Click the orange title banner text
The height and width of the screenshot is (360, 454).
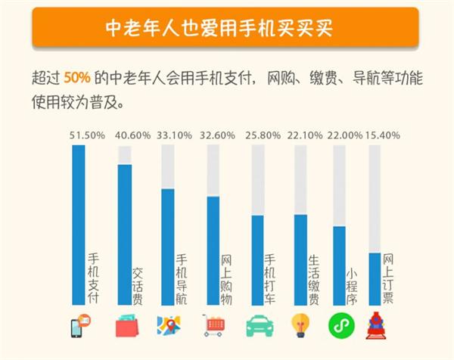click(227, 29)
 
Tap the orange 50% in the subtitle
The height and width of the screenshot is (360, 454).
click(78, 77)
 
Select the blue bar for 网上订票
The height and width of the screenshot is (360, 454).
click(374, 278)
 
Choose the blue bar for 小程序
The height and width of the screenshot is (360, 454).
click(339, 265)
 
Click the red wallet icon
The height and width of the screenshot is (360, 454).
click(126, 326)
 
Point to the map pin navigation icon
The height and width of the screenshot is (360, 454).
click(169, 325)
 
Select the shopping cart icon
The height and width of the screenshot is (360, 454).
click(214, 326)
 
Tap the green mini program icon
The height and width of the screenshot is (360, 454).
click(340, 325)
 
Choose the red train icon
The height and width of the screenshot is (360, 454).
click(378, 325)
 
